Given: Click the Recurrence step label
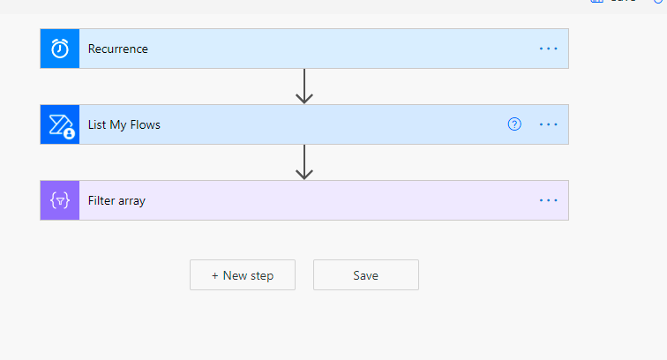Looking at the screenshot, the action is pos(118,49).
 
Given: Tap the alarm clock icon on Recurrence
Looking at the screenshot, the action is pos(60,49).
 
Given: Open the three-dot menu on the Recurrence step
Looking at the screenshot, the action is pos(548,49).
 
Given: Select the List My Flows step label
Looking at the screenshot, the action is pos(124,124).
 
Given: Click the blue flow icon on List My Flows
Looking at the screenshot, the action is pos(60,124).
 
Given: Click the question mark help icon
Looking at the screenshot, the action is pos(514,124).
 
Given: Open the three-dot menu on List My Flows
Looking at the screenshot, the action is pos(548,124).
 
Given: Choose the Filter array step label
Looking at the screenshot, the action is pos(116,200).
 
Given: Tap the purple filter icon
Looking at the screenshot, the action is pos(60,200).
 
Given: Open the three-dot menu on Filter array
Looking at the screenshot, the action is pos(548,200).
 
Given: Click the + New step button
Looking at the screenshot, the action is pos(243,275).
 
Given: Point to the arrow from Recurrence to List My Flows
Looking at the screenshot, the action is pos(304,86).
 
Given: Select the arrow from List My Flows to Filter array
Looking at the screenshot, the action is pos(304,161).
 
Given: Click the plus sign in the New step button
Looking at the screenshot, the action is pos(214,276).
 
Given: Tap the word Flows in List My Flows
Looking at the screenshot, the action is pos(145,124).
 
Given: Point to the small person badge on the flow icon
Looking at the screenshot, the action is pos(69,133).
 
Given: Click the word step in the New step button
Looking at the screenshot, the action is pos(262,276).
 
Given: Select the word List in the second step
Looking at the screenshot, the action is pos(97,124).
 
